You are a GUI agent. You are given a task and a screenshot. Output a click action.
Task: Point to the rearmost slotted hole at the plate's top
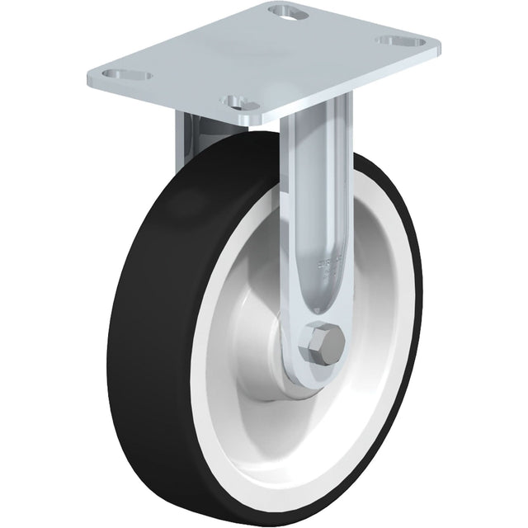coord(286,12)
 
